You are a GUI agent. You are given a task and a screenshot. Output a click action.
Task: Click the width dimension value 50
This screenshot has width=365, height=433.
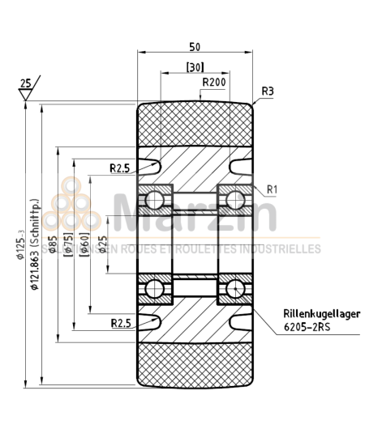(195, 46)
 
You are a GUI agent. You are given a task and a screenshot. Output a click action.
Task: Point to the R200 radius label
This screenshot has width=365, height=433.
(214, 82)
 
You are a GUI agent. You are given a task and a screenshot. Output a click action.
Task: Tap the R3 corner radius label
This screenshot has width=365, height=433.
(268, 91)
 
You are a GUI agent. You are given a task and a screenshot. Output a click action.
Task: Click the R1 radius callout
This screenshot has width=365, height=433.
(273, 189)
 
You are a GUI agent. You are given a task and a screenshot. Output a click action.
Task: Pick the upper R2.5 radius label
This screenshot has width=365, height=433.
(120, 168)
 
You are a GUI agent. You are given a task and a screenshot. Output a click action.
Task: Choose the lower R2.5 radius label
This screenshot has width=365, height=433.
(120, 323)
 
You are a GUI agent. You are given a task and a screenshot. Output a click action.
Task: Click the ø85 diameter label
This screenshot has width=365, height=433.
(53, 244)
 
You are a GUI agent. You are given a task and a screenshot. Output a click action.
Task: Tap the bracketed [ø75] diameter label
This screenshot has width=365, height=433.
(69, 244)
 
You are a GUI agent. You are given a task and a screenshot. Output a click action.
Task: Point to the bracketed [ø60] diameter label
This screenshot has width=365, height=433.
(85, 244)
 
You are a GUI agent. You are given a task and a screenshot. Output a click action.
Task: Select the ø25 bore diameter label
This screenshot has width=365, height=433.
(102, 244)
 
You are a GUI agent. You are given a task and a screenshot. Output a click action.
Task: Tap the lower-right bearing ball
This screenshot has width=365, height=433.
(235, 288)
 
